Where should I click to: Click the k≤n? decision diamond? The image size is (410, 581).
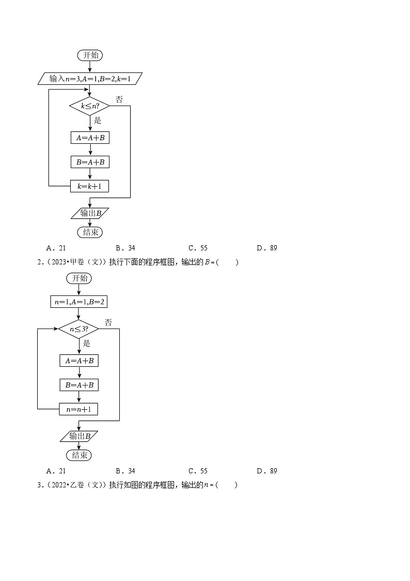click(90, 106)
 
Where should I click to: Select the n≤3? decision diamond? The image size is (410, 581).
click(78, 329)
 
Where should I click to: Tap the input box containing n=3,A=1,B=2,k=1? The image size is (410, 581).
click(90, 79)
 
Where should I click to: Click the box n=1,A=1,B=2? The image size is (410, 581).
click(78, 302)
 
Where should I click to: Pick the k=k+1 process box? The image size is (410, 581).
click(90, 186)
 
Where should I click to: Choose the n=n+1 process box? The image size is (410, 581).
click(78, 409)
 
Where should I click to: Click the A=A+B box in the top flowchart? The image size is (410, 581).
click(90, 138)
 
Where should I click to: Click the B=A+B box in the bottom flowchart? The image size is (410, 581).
click(78, 385)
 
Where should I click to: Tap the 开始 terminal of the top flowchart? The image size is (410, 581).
click(90, 55)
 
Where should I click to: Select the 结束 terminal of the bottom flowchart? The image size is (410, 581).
click(78, 455)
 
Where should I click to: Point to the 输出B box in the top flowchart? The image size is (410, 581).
click(90, 213)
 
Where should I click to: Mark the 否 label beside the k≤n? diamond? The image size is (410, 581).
click(119, 99)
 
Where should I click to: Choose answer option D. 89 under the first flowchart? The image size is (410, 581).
click(267, 248)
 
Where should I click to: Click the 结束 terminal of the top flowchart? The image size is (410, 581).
click(90, 232)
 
